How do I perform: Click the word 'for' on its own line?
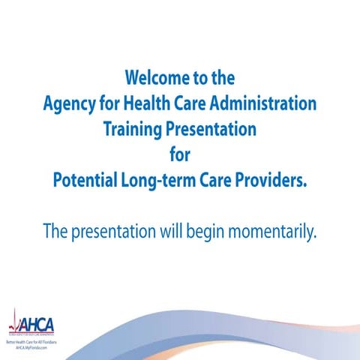(x=180, y=155)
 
